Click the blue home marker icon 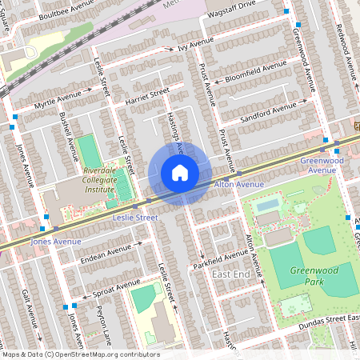(x=180, y=173)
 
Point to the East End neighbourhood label (x=230, y=274)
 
